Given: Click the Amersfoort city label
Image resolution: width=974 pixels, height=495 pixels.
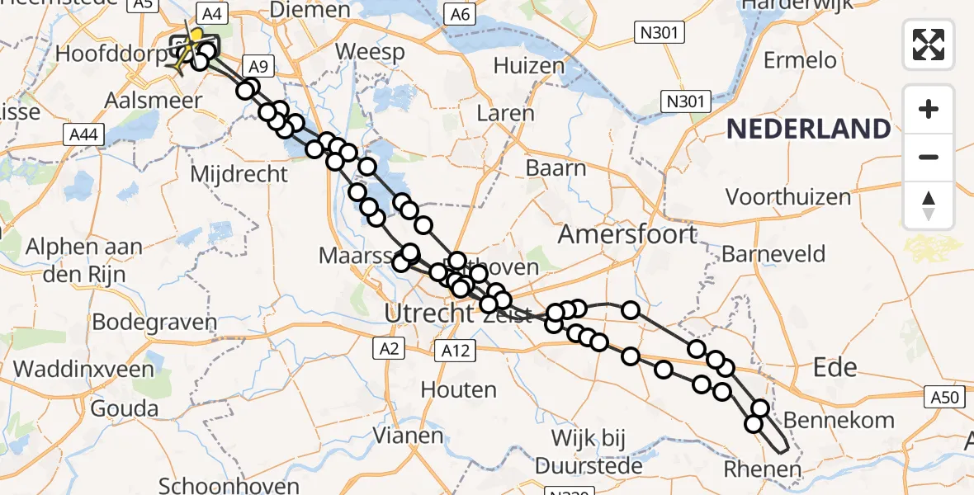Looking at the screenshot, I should point(627,234).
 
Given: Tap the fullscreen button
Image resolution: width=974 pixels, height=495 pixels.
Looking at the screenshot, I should point(929,45).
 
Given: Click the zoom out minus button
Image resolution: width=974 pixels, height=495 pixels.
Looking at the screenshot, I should point(929,157).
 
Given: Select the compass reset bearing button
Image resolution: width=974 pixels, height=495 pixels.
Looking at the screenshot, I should point(929,205).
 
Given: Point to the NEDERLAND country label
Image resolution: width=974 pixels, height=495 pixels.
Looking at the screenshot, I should point(809,129).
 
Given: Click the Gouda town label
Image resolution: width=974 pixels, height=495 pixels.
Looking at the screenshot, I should point(125,408).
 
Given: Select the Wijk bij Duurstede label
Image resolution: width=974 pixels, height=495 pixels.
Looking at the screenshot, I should point(589,451).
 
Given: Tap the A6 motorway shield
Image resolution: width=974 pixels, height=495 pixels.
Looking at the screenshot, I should point(459,14).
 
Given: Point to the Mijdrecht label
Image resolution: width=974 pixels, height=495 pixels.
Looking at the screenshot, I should point(239,174).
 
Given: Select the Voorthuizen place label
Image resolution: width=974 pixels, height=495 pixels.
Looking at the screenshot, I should point(787,197).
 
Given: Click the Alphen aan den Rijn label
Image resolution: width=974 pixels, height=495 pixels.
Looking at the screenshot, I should point(84,259).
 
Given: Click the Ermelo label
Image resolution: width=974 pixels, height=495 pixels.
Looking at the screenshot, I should point(800,60).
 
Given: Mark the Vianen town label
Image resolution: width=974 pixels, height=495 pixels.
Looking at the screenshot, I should point(409,434).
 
